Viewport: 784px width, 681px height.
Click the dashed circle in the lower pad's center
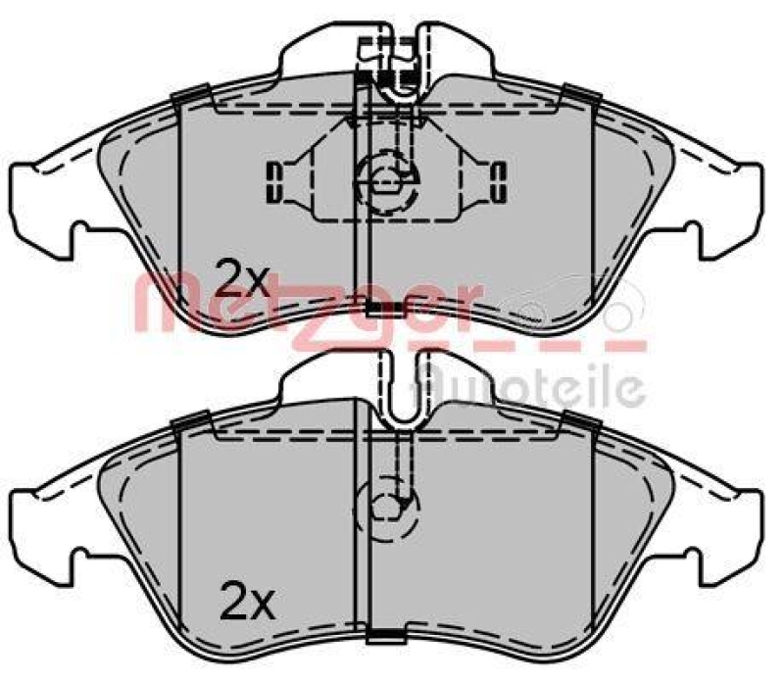(x=389, y=505)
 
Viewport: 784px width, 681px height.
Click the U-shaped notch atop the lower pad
(x=399, y=392)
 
